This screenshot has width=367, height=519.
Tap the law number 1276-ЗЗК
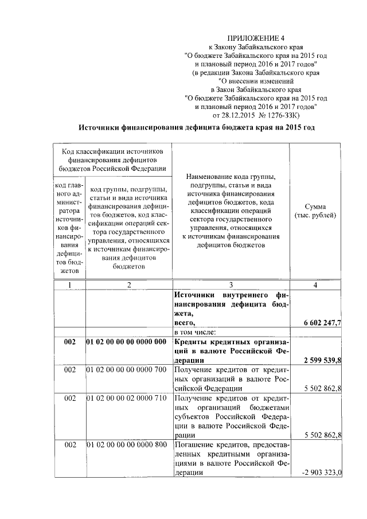point(294,115)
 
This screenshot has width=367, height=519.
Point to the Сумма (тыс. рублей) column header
point(315,210)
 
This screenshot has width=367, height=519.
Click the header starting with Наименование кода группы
point(231,210)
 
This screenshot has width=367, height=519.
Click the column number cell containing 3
point(231,285)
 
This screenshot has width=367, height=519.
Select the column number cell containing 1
point(69,285)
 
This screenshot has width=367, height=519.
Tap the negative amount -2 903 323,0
point(322,472)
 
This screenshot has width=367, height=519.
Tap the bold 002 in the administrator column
point(69,342)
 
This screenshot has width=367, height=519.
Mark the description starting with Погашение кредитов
point(231,458)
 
